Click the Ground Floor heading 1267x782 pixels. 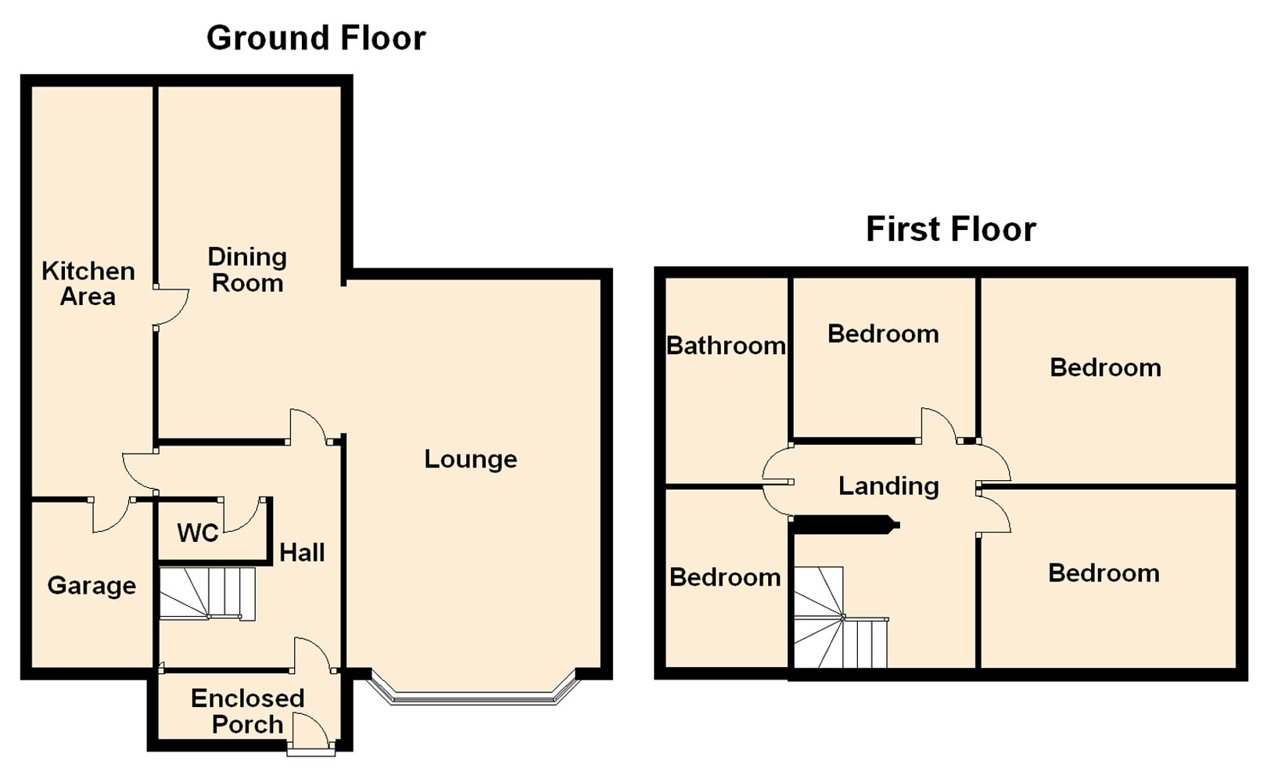(x=316, y=38)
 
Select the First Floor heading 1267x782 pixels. (x=951, y=229)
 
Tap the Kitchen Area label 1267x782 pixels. (x=88, y=284)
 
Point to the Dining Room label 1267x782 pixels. (x=247, y=270)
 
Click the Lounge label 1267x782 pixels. (x=471, y=459)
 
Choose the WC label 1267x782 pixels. (x=197, y=533)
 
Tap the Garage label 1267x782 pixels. (x=92, y=586)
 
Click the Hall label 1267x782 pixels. (x=302, y=552)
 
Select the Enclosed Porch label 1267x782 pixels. (x=247, y=712)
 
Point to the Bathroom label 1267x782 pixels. (x=726, y=346)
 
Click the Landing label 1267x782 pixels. (x=888, y=486)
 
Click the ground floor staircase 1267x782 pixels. (x=207, y=594)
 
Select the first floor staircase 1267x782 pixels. (x=841, y=618)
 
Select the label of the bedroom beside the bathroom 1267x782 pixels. (x=883, y=334)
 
